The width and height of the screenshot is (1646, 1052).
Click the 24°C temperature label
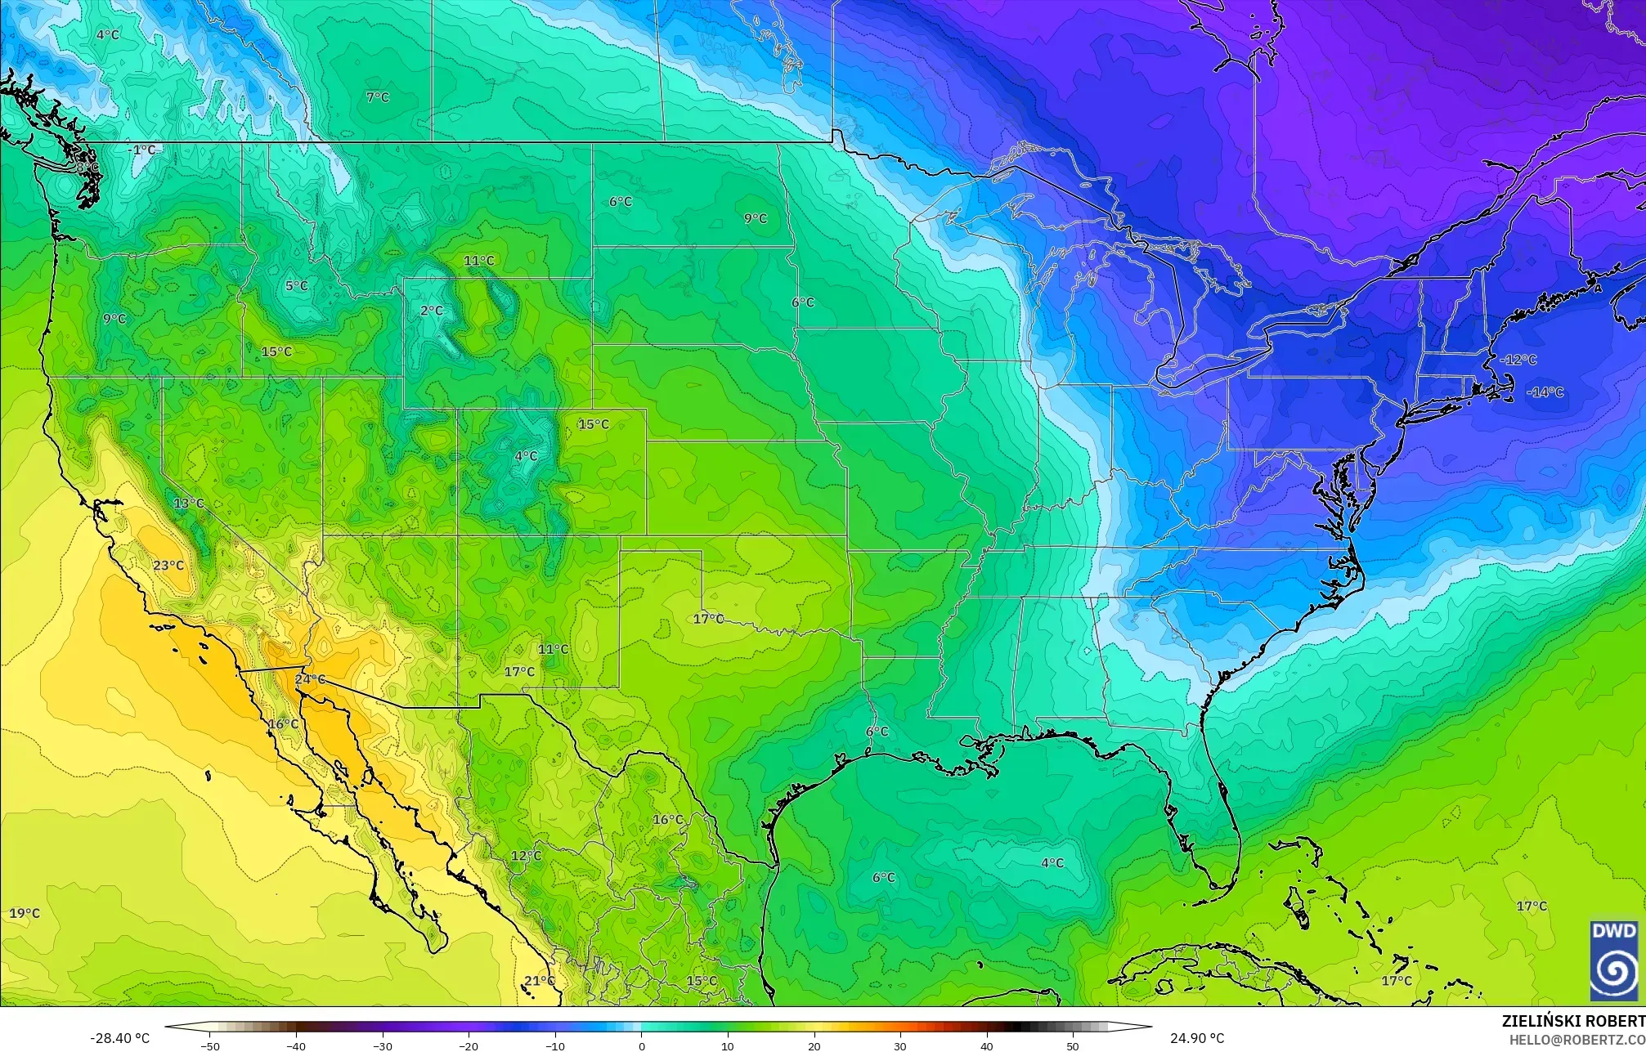[310, 679]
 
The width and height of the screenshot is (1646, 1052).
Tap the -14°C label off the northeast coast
[1545, 392]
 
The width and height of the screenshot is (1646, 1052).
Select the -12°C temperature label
[1518, 360]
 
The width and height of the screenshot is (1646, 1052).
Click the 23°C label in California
[168, 566]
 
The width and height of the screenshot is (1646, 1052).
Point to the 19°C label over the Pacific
[25, 913]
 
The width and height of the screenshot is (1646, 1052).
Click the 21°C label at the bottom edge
[540, 981]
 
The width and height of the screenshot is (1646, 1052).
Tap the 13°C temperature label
[189, 503]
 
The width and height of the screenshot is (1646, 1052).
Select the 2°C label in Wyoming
[432, 311]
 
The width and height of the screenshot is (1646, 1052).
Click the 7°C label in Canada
[378, 97]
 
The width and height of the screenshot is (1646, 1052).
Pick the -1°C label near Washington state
[143, 150]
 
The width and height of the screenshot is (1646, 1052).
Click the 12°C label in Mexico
[526, 856]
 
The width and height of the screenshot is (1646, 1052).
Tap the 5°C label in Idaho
[297, 286]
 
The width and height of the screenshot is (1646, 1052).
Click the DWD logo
[1614, 960]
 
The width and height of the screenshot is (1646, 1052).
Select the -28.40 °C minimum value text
[120, 1038]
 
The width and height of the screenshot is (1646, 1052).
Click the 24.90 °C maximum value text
[1197, 1038]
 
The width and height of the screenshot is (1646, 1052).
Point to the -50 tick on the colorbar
[210, 1045]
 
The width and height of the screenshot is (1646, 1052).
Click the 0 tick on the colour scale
[642, 1045]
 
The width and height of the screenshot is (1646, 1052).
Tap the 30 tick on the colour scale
[900, 1045]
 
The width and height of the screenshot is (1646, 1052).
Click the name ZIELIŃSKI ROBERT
[1573, 1021]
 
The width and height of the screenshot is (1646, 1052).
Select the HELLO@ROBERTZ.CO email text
[1576, 1039]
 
